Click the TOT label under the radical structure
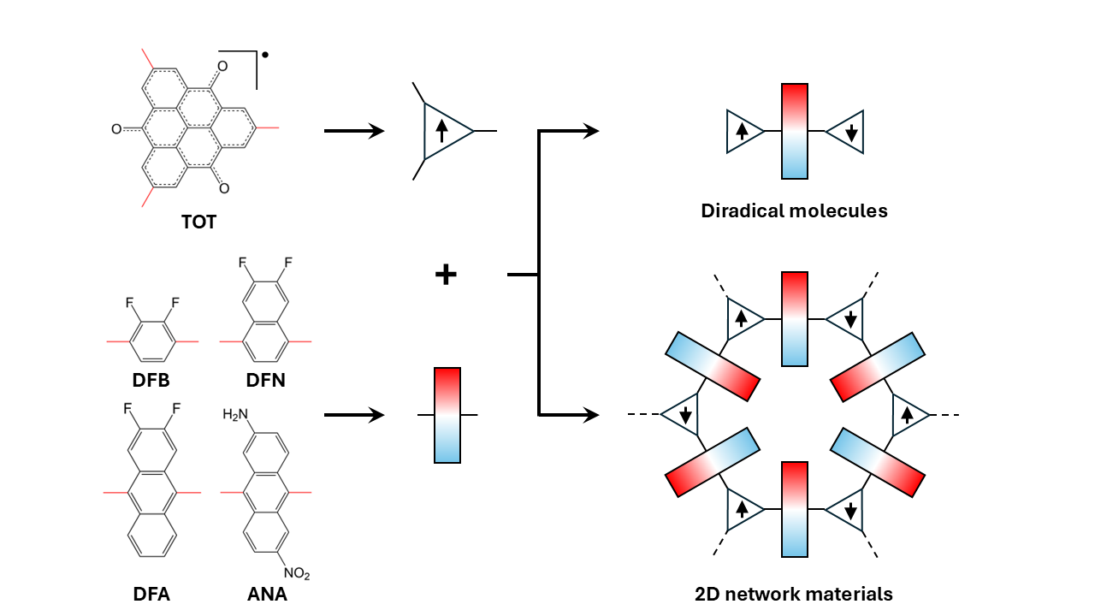click(198, 222)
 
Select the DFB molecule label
click(151, 380)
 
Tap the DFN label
click(265, 380)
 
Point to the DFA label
click(151, 594)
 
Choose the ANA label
click(267, 594)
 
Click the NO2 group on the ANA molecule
click(297, 573)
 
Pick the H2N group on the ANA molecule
click(235, 415)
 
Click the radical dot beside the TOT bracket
click(265, 55)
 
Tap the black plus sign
click(446, 275)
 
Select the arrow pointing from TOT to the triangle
click(354, 131)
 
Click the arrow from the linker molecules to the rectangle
click(354, 415)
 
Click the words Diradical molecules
click(795, 210)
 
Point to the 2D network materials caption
click(794, 594)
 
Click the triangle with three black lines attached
click(447, 131)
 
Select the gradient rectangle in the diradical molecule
click(795, 131)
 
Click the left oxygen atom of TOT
click(116, 129)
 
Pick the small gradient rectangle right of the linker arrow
click(447, 415)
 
